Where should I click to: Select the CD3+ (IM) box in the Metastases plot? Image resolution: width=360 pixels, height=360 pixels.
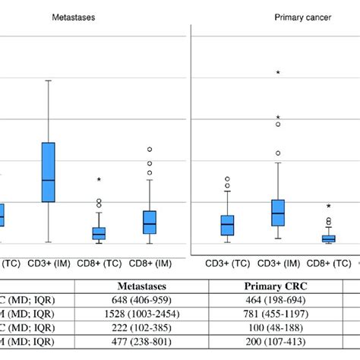(49, 172)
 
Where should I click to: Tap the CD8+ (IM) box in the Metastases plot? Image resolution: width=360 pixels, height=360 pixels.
(150, 222)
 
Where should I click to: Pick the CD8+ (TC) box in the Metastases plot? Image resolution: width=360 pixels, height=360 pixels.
(99, 233)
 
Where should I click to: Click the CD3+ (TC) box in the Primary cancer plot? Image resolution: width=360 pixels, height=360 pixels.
(227, 225)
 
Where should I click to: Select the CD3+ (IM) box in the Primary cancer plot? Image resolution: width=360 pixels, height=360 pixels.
(278, 212)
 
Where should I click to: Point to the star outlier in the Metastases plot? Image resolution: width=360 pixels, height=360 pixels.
(99, 180)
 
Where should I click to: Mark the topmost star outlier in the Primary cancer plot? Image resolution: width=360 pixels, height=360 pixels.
(278, 73)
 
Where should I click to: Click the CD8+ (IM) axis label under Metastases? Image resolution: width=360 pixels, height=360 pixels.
(150, 264)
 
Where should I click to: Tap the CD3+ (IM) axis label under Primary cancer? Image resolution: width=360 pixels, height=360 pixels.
(278, 264)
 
